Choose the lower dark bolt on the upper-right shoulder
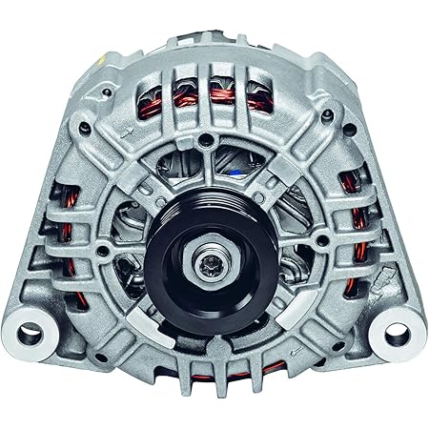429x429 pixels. click(x=327, y=114)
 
